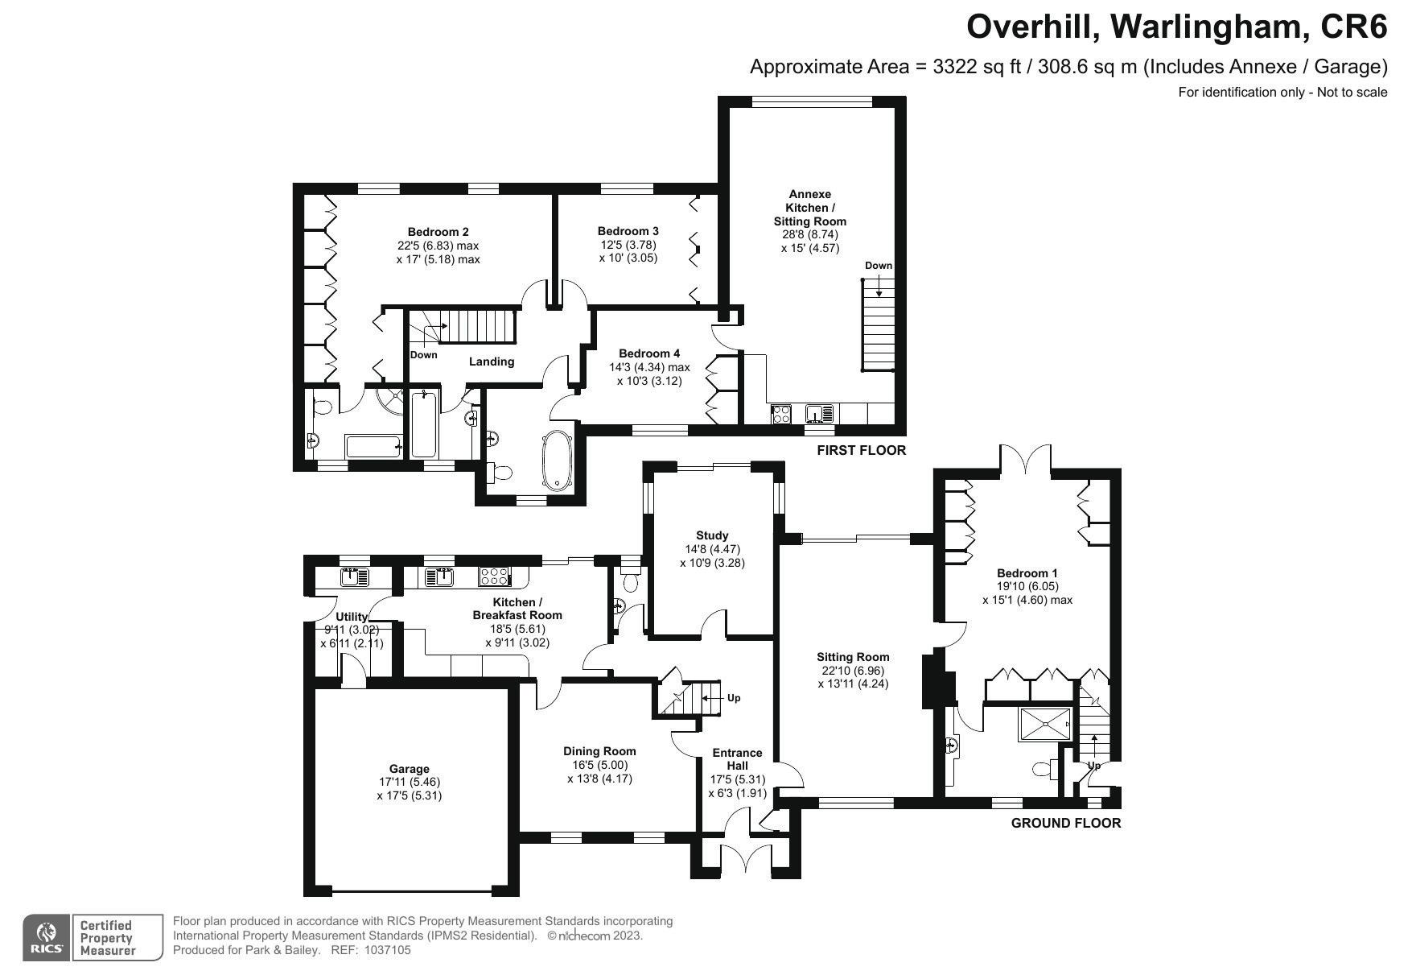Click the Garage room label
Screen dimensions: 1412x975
[410, 769]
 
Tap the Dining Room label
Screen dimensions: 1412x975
[599, 751]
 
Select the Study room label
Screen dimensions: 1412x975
[712, 535]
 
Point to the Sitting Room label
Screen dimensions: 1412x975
[852, 657]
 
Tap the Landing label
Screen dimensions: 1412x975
[492, 361]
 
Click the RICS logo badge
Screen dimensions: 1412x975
[47, 937]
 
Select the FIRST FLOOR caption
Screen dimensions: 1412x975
[861, 451]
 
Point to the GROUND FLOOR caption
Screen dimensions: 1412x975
[1066, 823]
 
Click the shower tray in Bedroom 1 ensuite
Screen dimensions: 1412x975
[1045, 725]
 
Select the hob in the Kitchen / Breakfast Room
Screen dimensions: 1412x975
[494, 576]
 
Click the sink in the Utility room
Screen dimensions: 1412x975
[355, 576]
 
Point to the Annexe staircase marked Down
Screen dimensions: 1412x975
[878, 324]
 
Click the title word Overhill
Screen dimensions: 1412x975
[1027, 27]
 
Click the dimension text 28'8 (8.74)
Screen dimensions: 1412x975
[809, 234]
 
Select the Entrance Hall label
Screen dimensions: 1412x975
[738, 759]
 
